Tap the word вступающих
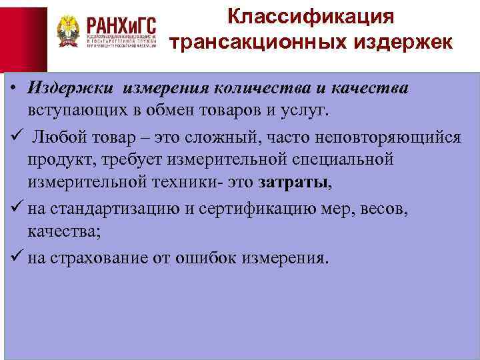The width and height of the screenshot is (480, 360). pos(74,109)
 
